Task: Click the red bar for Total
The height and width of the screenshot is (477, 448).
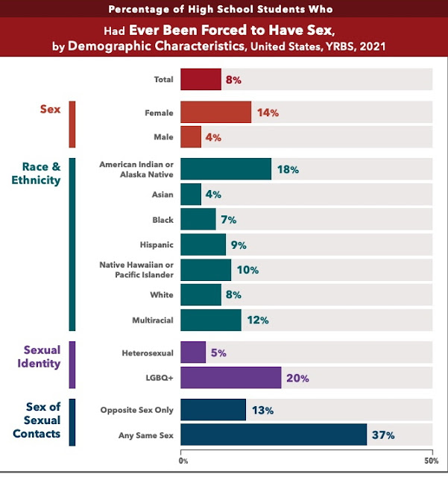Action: coord(201,79)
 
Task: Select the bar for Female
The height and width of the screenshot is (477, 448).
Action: coord(215,113)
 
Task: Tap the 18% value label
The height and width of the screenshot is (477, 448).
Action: coord(288,170)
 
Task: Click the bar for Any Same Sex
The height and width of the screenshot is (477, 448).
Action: coord(274,435)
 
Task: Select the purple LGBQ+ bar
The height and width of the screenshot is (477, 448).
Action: coord(230,378)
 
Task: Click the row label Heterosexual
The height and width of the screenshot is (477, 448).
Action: coord(148,353)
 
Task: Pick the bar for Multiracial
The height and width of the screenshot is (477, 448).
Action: coord(210,320)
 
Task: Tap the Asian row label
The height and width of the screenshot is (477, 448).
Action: coord(162,195)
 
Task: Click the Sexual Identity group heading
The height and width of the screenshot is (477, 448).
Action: coord(41,356)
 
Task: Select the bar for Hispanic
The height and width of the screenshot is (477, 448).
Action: coord(203,244)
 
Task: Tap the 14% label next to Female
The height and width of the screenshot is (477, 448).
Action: coord(267,113)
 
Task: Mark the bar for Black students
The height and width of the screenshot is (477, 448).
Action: coord(198,220)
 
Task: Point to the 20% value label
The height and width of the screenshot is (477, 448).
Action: coord(298,379)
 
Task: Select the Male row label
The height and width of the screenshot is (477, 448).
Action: coord(163,137)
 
